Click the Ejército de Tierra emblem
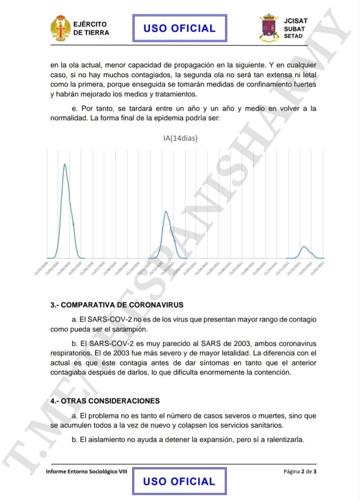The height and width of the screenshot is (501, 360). point(61,28)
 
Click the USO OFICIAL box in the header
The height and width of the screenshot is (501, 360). point(179,28)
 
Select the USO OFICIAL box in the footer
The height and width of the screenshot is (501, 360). point(179,481)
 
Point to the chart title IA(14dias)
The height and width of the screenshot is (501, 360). point(180,138)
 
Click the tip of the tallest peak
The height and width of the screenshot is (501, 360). point(65,164)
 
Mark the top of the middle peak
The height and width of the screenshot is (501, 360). point(166,211)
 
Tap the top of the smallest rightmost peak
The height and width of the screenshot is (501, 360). point(304,247)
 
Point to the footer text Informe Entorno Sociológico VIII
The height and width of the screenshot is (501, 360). point(87,471)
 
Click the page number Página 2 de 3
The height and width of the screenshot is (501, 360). point(300,471)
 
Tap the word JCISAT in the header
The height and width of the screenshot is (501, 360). point(295,21)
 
